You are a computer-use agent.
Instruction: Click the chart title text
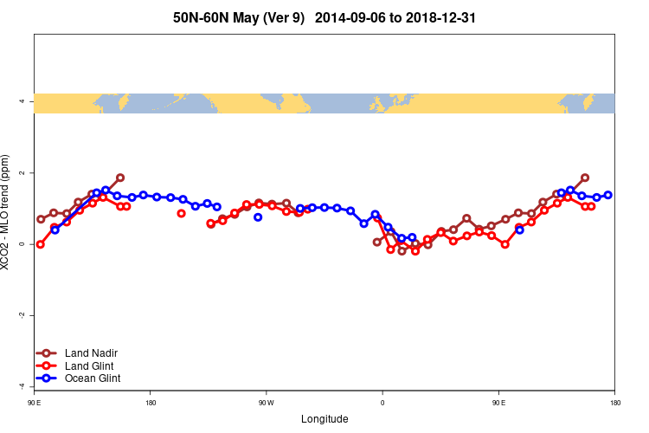(x=324, y=17)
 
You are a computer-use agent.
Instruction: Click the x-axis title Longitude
(x=324, y=419)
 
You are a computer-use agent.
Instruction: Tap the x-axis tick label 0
(x=382, y=403)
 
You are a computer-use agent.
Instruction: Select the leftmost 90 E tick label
(x=34, y=403)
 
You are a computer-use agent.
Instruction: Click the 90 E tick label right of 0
(x=498, y=403)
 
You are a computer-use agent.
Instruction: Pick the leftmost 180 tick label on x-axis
(x=151, y=403)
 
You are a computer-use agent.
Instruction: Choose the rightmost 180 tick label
(x=614, y=403)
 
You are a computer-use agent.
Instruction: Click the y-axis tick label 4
(x=20, y=102)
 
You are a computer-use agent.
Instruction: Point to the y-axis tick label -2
(x=20, y=315)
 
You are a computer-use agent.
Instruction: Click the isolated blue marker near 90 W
(x=258, y=217)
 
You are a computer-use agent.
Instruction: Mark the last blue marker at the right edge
(x=608, y=195)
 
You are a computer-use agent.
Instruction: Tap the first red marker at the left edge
(x=40, y=244)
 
